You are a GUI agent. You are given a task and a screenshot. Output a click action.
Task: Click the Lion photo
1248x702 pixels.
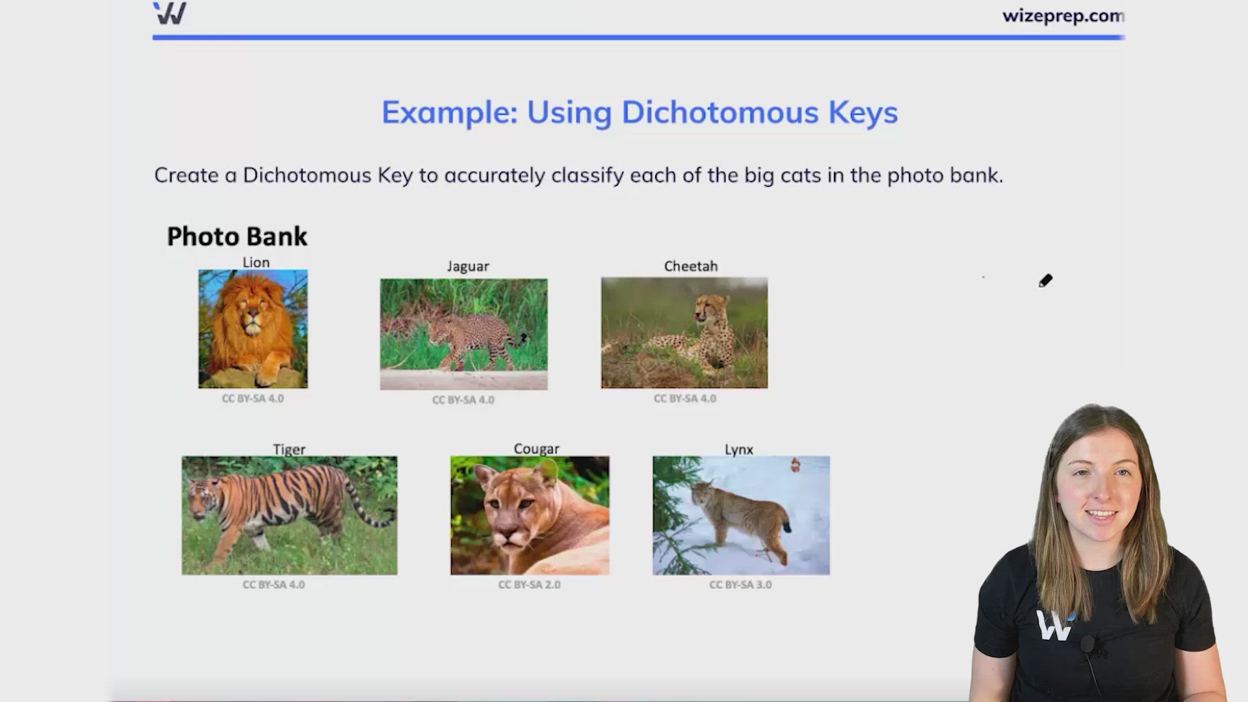coord(253,329)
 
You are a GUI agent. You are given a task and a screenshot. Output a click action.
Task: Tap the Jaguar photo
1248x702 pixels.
coord(463,334)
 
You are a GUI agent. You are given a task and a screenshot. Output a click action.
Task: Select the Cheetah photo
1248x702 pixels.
coord(684,333)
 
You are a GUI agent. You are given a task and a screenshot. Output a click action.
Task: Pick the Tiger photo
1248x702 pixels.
coord(289,515)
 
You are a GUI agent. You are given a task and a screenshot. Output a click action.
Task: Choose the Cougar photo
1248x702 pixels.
coord(530,515)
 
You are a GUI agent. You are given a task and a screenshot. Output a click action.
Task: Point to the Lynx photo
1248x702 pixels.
coord(741,515)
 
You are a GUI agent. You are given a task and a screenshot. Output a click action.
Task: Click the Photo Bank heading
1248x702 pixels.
coord(237,237)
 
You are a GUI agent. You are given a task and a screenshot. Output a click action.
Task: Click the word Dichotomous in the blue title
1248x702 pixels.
coord(720,112)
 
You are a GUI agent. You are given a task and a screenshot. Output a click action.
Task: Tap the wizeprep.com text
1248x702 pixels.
coord(1063,16)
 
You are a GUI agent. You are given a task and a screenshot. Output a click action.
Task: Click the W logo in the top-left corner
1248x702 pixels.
coord(170,13)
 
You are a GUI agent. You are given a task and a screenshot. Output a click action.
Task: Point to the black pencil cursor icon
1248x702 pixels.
coord(1045,281)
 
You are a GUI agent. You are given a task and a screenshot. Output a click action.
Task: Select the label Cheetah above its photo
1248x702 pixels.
coord(691,266)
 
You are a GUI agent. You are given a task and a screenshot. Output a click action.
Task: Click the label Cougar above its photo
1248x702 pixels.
coord(536,449)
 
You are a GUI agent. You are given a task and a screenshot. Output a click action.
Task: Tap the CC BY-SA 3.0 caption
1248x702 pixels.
coord(740,584)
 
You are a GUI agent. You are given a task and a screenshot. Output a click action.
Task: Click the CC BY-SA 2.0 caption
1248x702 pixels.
coord(529,584)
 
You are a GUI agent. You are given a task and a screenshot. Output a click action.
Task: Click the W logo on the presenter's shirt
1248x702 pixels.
coord(1054,625)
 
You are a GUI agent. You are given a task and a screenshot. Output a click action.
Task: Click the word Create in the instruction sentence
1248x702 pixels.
coord(186,175)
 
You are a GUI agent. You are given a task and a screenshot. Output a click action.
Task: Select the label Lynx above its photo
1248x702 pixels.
coord(739,449)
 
